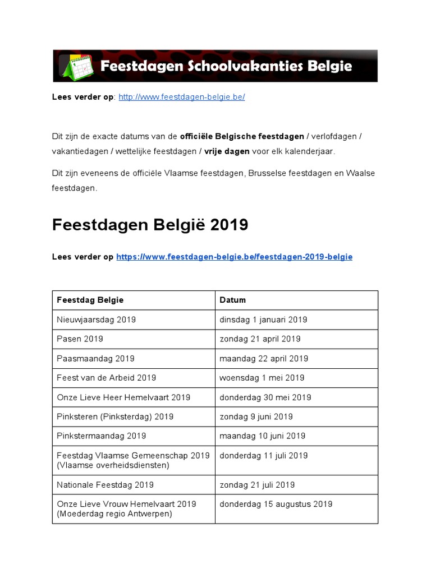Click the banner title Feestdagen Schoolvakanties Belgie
point(226,66)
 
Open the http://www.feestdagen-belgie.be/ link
point(182,97)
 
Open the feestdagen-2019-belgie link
point(234,257)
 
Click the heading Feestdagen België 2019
point(150,225)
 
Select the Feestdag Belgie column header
point(90,300)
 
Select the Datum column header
point(233,300)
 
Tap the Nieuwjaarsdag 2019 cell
point(96,320)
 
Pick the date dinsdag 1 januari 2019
point(263,320)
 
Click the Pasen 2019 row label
point(80,339)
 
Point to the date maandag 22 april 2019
point(264,358)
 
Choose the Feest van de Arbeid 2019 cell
point(106,378)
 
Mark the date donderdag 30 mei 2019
point(265,397)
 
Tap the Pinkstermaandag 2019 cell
point(101,436)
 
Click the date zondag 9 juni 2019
point(256,416)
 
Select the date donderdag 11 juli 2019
point(264,456)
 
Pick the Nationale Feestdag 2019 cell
point(105,484)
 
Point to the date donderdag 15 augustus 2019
point(276,504)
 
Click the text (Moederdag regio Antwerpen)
point(114,513)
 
